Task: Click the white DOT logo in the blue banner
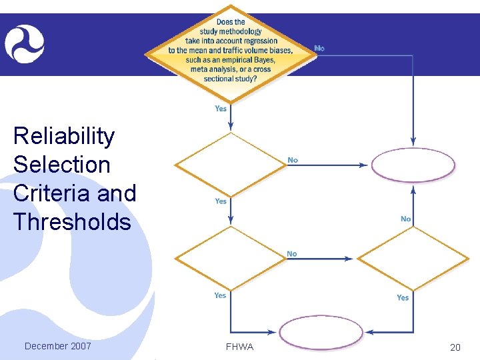(x=25, y=44)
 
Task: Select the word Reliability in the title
(x=64, y=137)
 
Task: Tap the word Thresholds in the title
(x=72, y=222)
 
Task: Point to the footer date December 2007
(x=57, y=346)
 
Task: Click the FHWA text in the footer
(x=240, y=347)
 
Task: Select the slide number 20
(x=455, y=347)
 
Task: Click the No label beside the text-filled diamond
(x=320, y=48)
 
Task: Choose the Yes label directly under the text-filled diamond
(x=221, y=108)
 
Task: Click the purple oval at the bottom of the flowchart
(x=321, y=332)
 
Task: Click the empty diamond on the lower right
(x=413, y=259)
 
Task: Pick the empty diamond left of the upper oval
(x=230, y=165)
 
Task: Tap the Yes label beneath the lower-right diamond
(x=403, y=297)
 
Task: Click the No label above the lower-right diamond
(x=405, y=219)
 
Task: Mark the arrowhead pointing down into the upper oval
(x=413, y=142)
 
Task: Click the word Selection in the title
(x=61, y=165)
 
